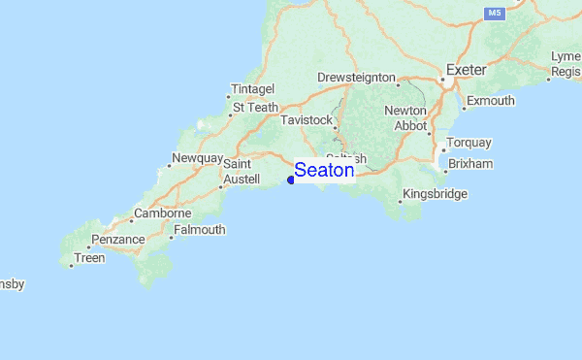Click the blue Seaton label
[x=324, y=170]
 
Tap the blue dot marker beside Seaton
[x=291, y=179]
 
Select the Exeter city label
[x=465, y=70]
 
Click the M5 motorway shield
[x=495, y=13]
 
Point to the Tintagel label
[x=253, y=89]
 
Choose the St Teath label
[x=254, y=107]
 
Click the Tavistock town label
[x=306, y=120]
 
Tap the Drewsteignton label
[x=356, y=78]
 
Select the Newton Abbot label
[x=404, y=117]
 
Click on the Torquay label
[x=469, y=143]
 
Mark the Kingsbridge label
[x=435, y=194]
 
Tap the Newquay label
[x=197, y=158]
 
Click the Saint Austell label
[x=241, y=173]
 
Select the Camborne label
[x=162, y=213]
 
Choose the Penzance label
[x=117, y=239]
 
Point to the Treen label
[x=89, y=258]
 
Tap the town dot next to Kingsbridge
[x=400, y=203]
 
